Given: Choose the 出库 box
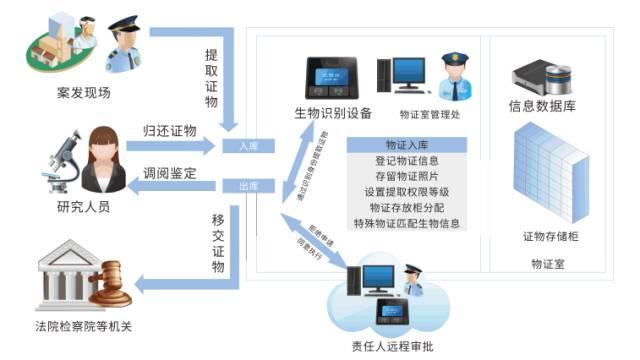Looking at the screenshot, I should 249,186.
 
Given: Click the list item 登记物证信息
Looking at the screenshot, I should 406,160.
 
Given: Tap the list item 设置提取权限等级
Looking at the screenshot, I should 406,192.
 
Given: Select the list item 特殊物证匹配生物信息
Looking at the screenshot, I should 406,224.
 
